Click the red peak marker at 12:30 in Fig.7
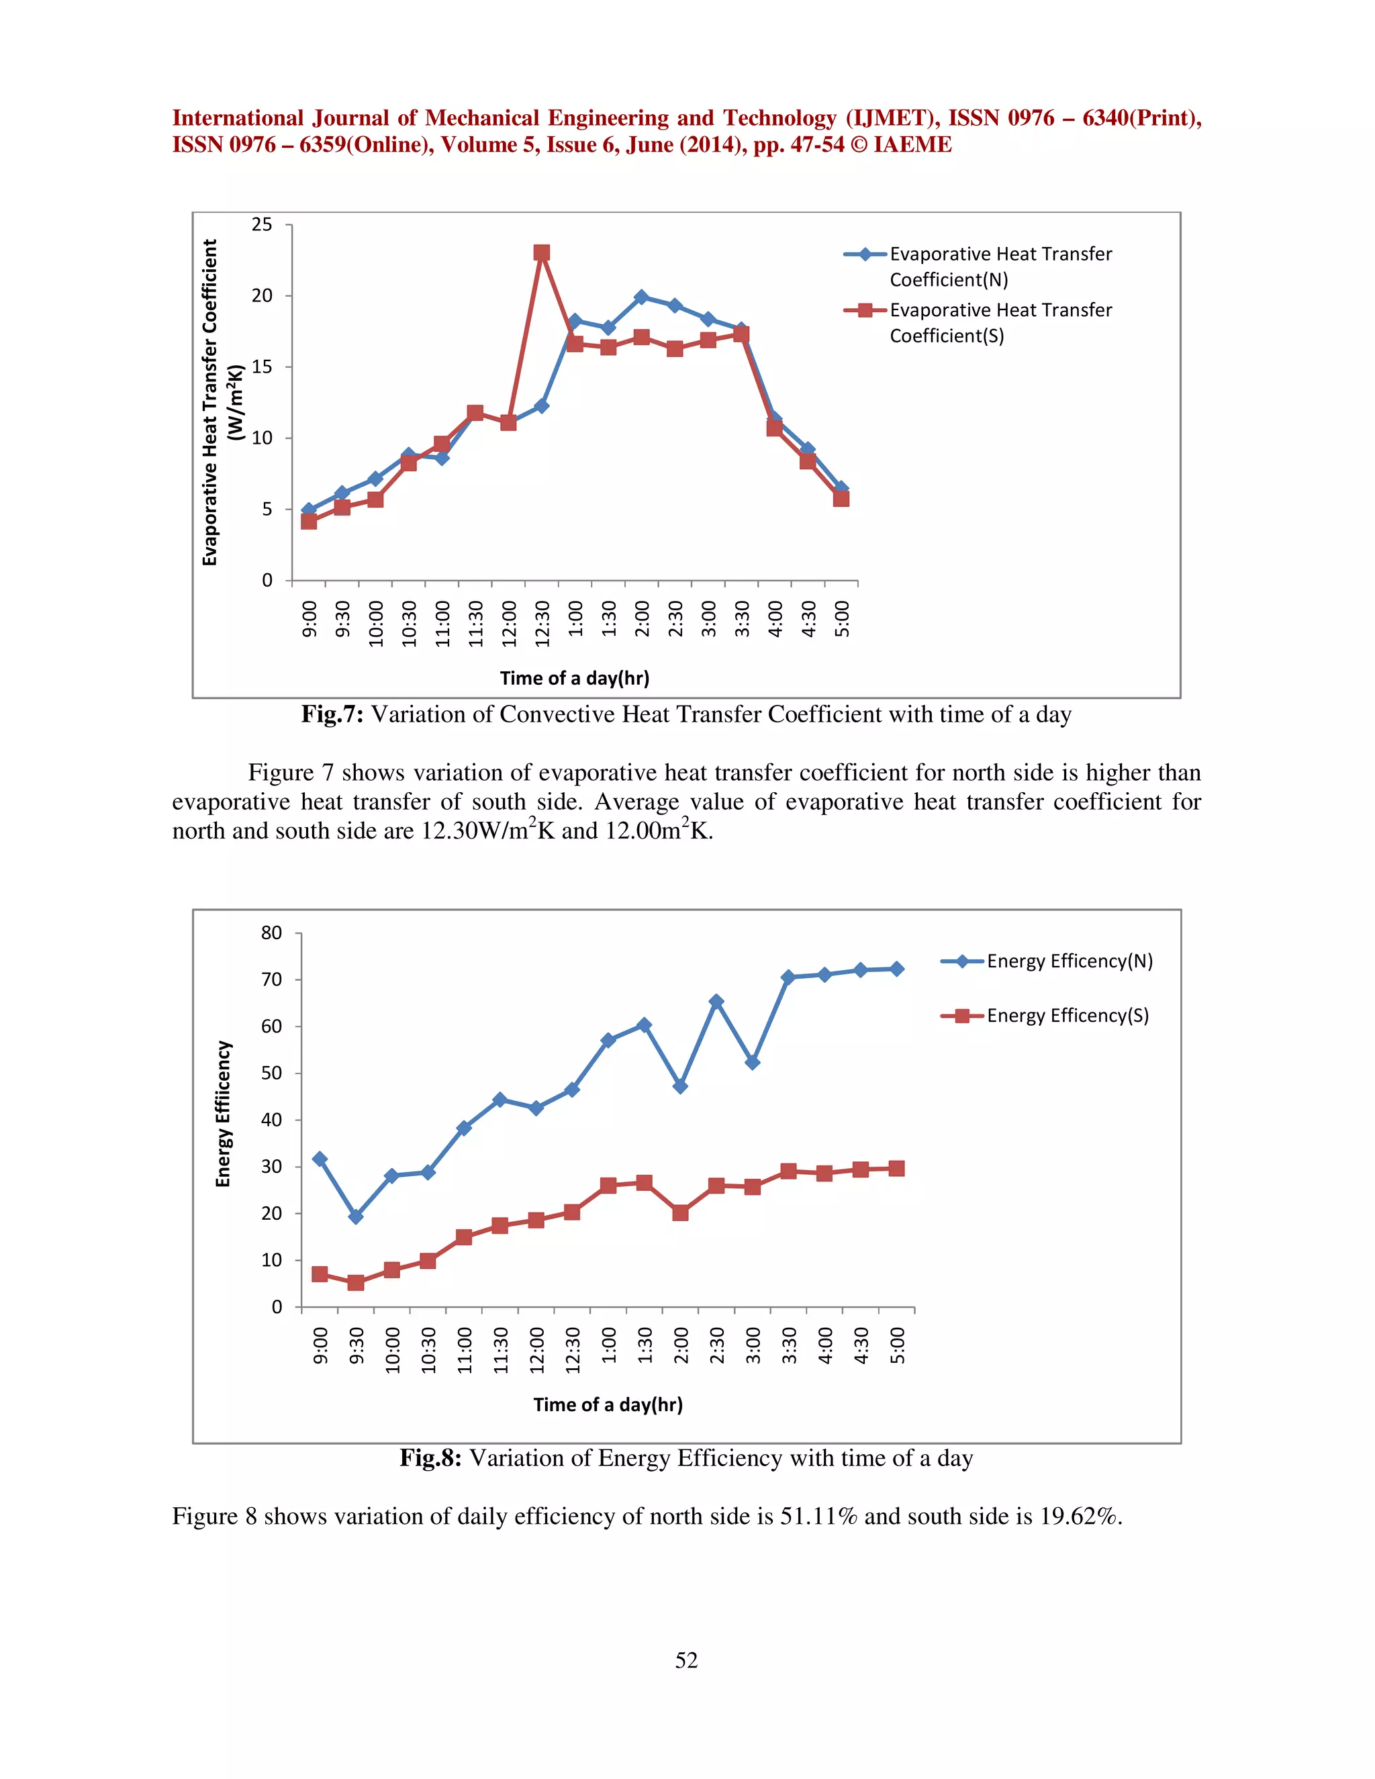tap(542, 253)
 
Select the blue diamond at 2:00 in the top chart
tap(641, 297)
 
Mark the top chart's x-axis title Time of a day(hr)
tap(574, 679)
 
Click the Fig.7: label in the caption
tap(332, 714)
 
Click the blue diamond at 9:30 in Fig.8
tap(356, 1216)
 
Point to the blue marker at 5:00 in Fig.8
tap(897, 969)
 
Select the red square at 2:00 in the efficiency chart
tap(680, 1213)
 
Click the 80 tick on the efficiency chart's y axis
tap(271, 934)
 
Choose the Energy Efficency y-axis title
tap(223, 1114)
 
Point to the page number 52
tap(687, 1661)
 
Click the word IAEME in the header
tap(912, 145)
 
